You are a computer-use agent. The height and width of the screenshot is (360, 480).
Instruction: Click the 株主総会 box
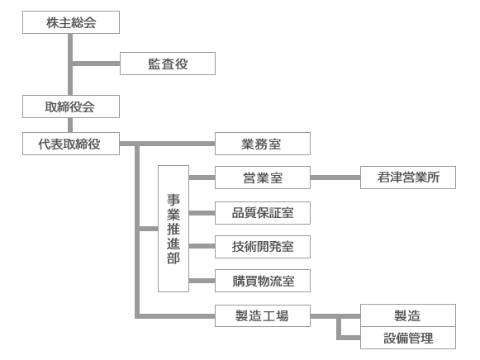tap(71, 22)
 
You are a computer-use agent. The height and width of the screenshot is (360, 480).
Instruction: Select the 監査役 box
tap(168, 64)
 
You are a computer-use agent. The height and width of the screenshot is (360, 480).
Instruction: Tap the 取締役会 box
tap(71, 107)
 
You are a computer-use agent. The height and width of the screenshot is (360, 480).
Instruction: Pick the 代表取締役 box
tap(71, 144)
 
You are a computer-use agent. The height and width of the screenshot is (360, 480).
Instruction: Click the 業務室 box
tap(263, 144)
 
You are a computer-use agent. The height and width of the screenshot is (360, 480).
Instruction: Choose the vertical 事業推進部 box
tap(173, 229)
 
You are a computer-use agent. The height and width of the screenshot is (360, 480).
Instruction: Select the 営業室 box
tap(263, 178)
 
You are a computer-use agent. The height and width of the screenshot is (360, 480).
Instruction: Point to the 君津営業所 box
tap(408, 178)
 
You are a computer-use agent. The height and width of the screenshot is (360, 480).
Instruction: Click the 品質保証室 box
tap(263, 213)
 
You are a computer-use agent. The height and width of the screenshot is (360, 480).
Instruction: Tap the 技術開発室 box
tap(263, 247)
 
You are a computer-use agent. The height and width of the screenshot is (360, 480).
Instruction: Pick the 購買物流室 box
tap(263, 281)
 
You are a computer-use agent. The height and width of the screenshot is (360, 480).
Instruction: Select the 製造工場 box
tap(263, 315)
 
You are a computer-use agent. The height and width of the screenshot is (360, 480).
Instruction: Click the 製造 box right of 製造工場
tap(408, 315)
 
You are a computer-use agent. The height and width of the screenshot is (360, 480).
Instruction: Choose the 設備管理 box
tap(408, 338)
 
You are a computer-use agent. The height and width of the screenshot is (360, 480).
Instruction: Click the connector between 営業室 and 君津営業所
tap(335, 178)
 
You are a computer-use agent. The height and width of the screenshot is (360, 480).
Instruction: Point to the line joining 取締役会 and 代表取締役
tap(70, 126)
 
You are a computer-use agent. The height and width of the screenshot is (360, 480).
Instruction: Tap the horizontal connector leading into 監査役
tap(96, 64)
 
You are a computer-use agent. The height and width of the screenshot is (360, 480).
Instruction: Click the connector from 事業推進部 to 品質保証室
tap(202, 213)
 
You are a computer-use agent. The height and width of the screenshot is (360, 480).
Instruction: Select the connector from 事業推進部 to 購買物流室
tap(202, 281)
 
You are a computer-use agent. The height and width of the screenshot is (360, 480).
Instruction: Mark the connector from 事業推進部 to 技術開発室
tap(202, 246)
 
